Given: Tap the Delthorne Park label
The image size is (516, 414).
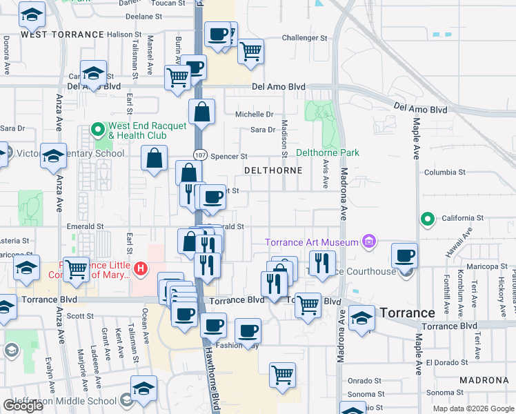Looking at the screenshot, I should pos(328,152).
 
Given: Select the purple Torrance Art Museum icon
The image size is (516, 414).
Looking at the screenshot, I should pos(369,241).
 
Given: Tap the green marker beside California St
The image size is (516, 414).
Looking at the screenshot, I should pos(427,220).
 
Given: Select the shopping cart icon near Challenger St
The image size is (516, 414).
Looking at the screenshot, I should pos(251,50).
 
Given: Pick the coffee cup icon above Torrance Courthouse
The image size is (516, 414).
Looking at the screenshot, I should pos(404,255).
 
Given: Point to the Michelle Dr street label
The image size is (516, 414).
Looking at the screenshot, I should pos(255,115).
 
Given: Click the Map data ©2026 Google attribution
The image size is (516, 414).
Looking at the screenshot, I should pos(473,408).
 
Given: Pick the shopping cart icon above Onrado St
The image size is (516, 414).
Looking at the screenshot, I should pos(282,375).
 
